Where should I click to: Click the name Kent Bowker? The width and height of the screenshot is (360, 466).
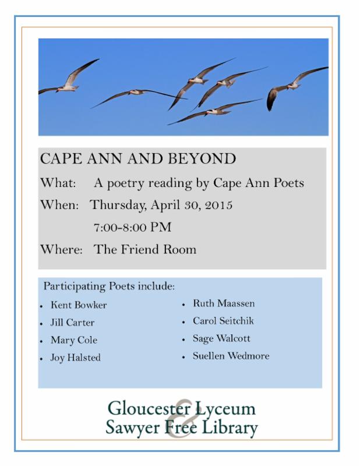click(x=79, y=305)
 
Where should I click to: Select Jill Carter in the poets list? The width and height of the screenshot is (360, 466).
click(x=73, y=323)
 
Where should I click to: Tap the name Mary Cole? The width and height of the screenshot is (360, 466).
click(x=74, y=340)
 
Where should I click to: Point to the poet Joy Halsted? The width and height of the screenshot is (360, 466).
click(x=76, y=358)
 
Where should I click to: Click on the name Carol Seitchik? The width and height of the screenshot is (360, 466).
click(x=223, y=321)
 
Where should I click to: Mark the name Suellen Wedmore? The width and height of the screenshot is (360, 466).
click(x=231, y=356)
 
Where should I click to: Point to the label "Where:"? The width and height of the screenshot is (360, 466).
click(x=58, y=249)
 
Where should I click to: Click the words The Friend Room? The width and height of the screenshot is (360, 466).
click(x=145, y=249)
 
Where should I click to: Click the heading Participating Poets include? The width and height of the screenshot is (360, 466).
click(x=109, y=287)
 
